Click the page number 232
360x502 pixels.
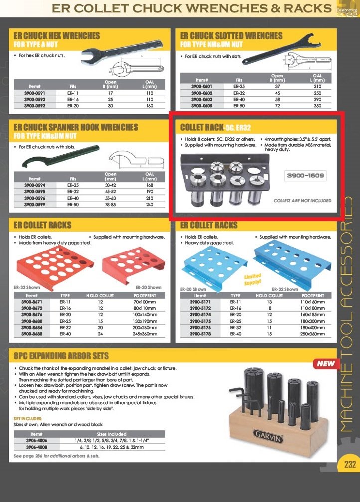point(350,464)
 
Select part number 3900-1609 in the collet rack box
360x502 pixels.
point(306,175)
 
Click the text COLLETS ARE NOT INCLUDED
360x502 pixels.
point(302,200)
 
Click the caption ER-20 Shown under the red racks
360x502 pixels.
point(148,287)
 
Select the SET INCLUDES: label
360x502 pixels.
point(28,418)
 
